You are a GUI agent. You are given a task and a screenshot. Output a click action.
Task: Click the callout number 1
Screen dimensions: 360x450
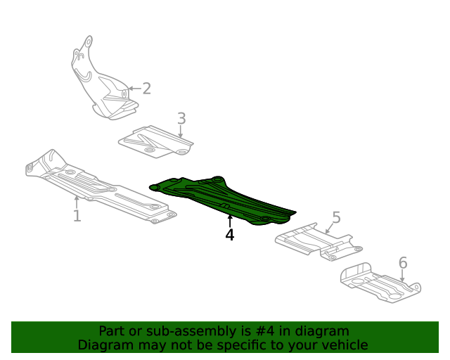click(77, 215)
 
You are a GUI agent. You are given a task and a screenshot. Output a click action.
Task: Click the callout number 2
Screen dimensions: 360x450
click(146, 89)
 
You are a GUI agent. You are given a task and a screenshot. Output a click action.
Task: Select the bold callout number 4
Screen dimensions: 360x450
click(230, 235)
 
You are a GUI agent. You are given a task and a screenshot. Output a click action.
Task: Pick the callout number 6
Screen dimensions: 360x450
click(403, 263)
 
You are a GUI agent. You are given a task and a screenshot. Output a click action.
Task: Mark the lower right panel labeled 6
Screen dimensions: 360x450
click(380, 284)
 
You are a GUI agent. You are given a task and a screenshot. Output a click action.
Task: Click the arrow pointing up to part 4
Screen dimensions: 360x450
click(230, 220)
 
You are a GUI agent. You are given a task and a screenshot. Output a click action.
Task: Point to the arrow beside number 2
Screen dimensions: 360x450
click(133, 89)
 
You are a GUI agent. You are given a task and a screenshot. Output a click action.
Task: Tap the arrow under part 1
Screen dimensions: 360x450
click(77, 202)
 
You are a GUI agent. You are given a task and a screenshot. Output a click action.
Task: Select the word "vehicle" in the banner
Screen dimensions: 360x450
click(343, 345)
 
